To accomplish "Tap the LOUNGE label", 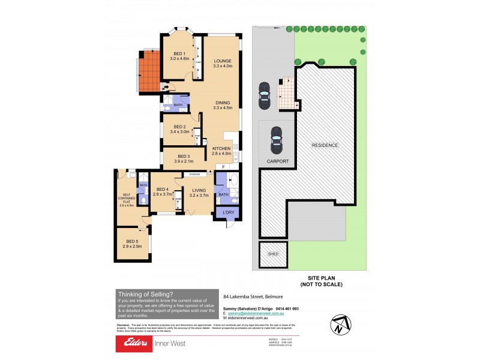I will point(222,61).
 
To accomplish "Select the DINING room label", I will point(223,103).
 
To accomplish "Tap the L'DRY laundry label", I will point(228,213).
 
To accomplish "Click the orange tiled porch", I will point(149,70).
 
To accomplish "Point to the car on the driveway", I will point(263,94).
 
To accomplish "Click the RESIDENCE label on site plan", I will point(324,145).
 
